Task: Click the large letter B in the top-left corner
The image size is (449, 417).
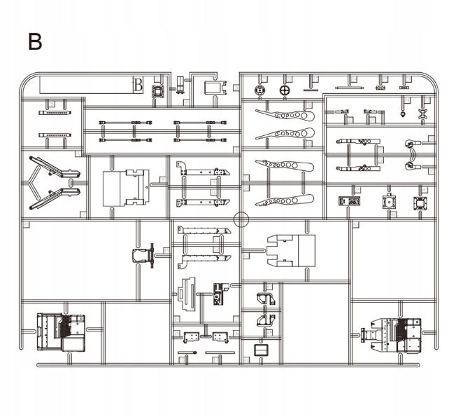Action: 35,41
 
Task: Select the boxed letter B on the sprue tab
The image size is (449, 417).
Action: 138,86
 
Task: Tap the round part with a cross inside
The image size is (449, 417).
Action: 284,90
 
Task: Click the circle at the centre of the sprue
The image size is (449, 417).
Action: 241,219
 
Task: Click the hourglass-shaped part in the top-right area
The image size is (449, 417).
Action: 423,113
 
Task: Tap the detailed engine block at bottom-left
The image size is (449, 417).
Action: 61,331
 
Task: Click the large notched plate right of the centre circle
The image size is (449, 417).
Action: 291,250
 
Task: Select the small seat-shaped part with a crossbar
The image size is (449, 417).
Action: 143,254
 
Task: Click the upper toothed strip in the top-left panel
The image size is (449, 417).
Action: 55,112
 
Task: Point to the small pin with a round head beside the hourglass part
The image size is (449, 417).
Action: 404,113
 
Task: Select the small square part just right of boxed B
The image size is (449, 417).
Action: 159,92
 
